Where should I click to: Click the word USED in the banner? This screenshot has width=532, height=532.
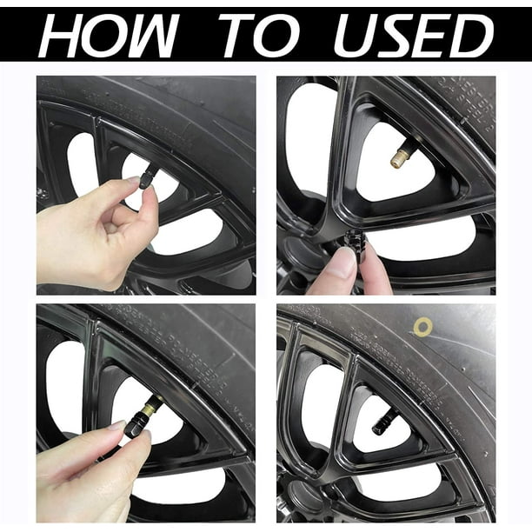(413, 36)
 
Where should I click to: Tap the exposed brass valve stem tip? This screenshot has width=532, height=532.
(397, 159)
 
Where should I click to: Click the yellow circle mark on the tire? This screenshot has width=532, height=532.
(422, 326)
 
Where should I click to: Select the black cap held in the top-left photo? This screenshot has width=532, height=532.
(145, 180)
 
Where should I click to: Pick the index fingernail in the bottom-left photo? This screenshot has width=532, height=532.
(117, 425)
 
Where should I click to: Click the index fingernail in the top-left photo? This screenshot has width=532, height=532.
(133, 180)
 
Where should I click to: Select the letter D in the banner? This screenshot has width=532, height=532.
(473, 36)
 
